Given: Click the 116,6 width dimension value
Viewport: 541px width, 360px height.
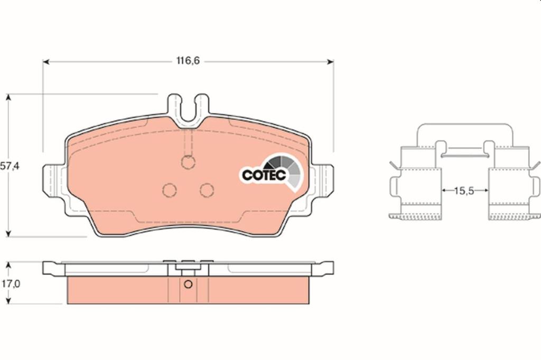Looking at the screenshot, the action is tap(188, 61).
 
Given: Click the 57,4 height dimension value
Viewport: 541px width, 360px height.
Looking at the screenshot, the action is tap(10, 166).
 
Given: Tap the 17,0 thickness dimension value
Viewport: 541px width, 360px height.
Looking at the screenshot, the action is tap(11, 283).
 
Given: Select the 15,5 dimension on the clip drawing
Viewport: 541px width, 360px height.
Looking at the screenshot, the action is tap(464, 191).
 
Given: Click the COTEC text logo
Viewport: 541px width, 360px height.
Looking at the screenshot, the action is tap(264, 175).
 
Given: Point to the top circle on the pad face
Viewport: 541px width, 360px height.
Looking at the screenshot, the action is tap(188, 162).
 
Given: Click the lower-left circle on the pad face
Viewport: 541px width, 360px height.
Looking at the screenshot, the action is tap(170, 190).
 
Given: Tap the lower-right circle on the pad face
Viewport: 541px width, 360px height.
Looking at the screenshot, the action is tap(207, 190).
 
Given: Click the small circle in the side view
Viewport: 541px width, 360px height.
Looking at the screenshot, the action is tap(188, 285).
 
